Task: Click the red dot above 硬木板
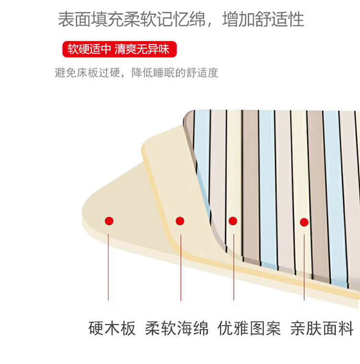click(x=109, y=221)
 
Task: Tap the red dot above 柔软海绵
click(x=180, y=221)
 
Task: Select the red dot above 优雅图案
click(x=233, y=221)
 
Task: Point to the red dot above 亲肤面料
click(x=304, y=222)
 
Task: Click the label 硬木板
click(x=112, y=329)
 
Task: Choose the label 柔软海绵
click(x=177, y=329)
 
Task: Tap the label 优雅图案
click(x=249, y=329)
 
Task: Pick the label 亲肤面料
click(x=322, y=329)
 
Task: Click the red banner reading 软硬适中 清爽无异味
click(x=119, y=49)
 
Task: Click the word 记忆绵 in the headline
click(x=180, y=20)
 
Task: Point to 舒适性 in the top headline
click(x=280, y=20)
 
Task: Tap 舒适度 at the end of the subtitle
click(x=203, y=73)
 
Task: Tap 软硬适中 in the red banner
click(x=89, y=49)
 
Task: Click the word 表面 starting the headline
click(x=73, y=20)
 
